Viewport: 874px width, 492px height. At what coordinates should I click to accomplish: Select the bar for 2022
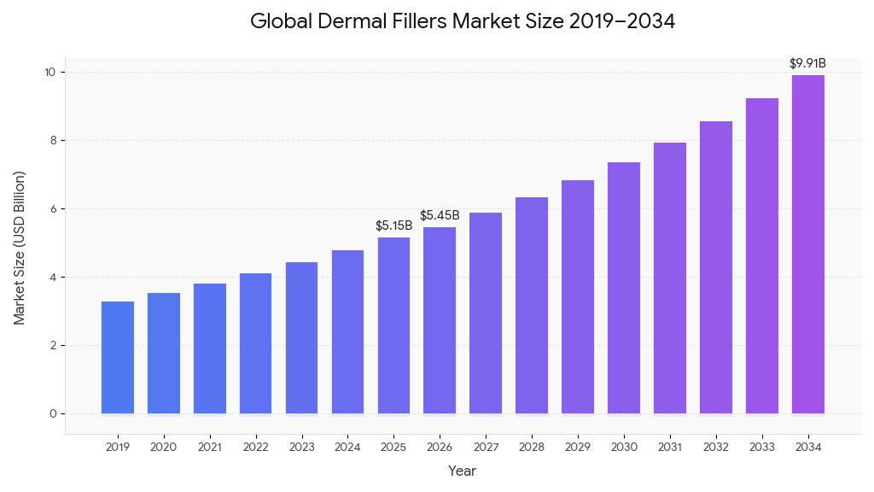[x=256, y=343]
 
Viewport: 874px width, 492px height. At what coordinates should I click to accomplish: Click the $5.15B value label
[x=393, y=225]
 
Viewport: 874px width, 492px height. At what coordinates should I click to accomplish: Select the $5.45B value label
[x=440, y=215]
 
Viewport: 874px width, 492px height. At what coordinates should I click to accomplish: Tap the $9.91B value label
[x=807, y=63]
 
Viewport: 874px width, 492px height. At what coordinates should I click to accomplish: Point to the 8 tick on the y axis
[x=52, y=140]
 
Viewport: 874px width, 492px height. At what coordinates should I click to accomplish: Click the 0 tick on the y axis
[x=52, y=413]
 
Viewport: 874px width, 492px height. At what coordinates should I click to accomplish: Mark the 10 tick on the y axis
[x=50, y=72]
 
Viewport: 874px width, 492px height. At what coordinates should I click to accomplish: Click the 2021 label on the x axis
[x=210, y=446]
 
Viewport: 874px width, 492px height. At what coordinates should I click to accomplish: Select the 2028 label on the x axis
[x=532, y=446]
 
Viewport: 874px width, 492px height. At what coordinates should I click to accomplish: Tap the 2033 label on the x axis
[x=762, y=446]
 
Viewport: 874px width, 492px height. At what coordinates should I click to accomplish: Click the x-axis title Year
[x=463, y=471]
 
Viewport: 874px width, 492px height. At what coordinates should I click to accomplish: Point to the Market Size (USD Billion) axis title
[x=20, y=248]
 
